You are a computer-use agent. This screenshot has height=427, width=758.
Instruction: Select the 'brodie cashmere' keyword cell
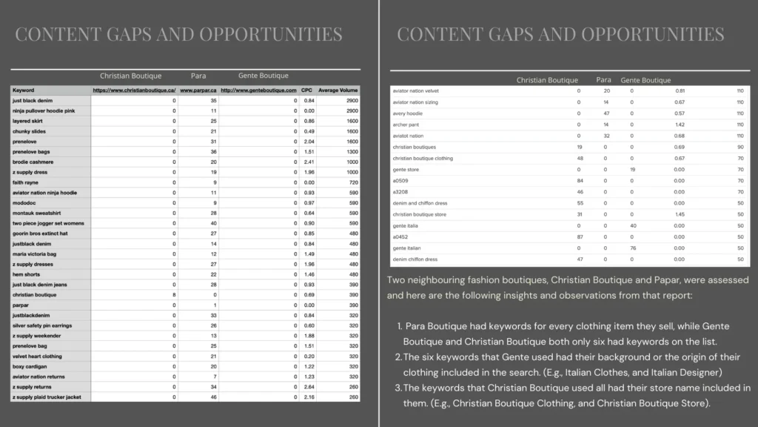33,162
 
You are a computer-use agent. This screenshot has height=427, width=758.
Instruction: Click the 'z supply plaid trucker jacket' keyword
45,397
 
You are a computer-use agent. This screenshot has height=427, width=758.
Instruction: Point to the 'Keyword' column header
24,90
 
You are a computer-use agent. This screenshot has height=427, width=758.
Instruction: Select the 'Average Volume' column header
338,90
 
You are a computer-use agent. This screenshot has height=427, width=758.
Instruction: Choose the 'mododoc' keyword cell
26,202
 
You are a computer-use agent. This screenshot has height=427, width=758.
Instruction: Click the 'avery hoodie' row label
408,113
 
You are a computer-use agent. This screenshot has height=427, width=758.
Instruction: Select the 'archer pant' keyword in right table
407,125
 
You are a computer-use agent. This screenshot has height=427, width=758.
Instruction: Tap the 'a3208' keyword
401,192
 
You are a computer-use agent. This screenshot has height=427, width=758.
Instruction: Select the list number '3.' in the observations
398,388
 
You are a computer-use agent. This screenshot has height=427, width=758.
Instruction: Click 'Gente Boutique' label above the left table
264,76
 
